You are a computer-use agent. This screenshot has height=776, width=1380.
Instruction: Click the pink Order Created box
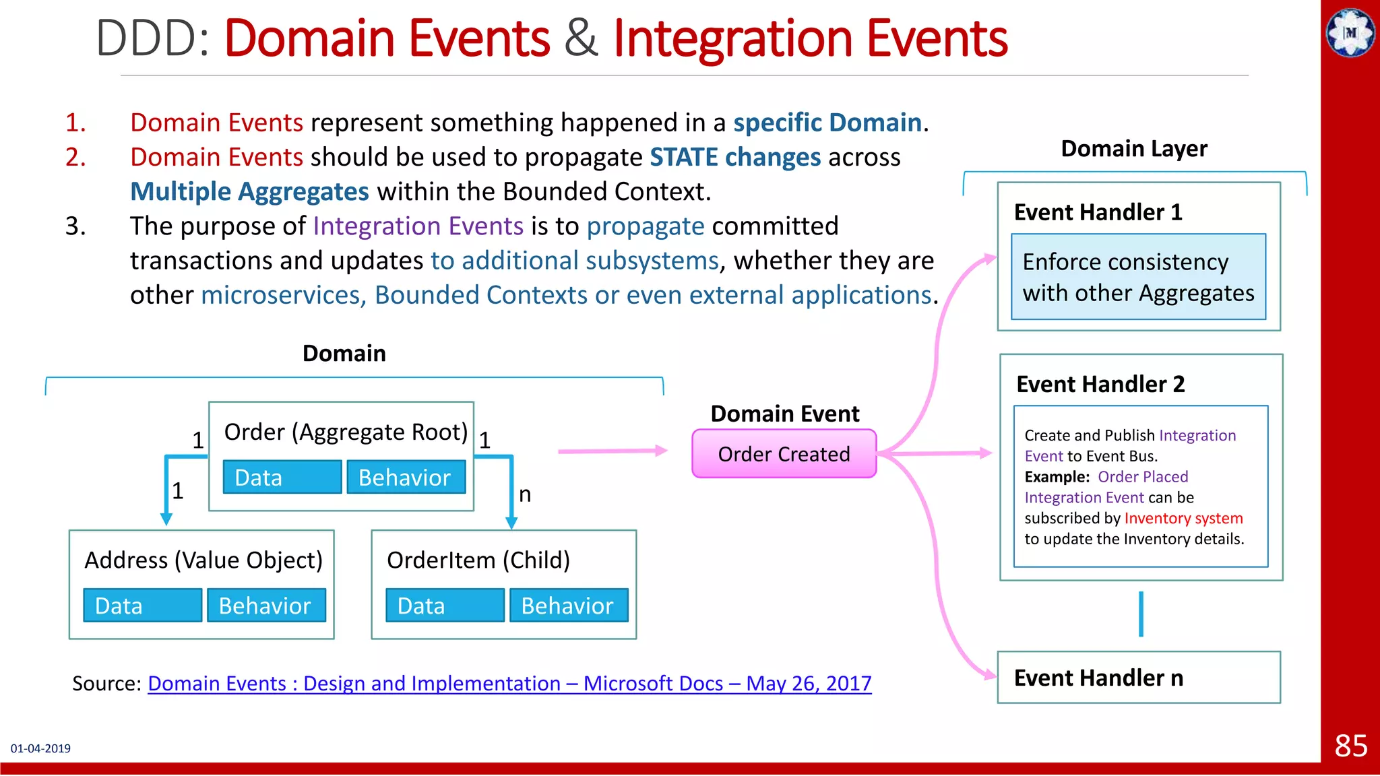[784, 454]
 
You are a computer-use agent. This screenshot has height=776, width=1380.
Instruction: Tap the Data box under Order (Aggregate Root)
[282, 478]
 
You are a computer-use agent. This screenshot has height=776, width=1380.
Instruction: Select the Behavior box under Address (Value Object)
[265, 606]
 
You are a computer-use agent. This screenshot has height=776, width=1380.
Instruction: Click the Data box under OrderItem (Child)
[445, 606]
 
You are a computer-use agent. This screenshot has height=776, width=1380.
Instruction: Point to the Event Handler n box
[1138, 678]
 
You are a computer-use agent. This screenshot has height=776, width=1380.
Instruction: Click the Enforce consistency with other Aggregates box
[1138, 277]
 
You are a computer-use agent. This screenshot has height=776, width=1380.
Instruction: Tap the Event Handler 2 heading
[1100, 384]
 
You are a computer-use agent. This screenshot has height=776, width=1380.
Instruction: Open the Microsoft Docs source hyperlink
[509, 683]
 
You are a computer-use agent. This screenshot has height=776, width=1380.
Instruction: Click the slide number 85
[1350, 746]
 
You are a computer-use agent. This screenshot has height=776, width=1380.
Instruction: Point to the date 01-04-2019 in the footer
[40, 748]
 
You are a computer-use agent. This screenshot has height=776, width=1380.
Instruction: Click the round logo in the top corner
[1350, 32]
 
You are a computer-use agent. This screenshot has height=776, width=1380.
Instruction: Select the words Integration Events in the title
[810, 38]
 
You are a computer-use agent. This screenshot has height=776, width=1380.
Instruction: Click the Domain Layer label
[1134, 148]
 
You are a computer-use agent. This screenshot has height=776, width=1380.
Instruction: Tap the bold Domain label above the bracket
[344, 353]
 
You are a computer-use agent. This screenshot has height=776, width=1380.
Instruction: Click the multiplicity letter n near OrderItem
[525, 494]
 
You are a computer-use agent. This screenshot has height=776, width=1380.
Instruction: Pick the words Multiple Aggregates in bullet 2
[249, 192]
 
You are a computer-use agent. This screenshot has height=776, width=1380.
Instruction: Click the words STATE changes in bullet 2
[735, 158]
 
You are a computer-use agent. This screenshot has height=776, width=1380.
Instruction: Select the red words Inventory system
[1183, 518]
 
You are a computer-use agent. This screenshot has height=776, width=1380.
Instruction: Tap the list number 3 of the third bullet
[75, 226]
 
